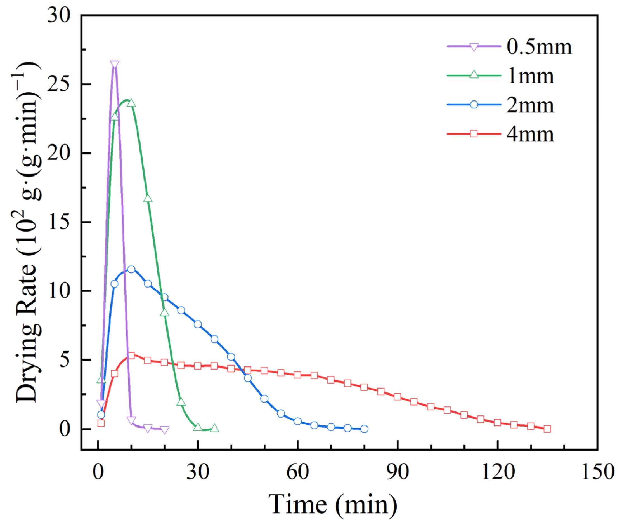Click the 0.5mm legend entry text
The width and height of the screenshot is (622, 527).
(x=539, y=47)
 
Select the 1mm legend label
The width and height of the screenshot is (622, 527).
(x=531, y=76)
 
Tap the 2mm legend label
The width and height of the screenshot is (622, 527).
(x=530, y=105)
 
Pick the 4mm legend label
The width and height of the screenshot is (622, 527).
(x=530, y=134)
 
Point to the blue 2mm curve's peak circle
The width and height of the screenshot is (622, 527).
(x=131, y=269)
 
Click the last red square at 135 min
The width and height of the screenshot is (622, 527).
(x=547, y=429)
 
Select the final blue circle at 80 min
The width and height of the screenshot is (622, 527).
(x=364, y=429)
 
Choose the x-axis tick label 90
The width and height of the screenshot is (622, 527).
(x=397, y=472)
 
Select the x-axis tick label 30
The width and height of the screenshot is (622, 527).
(x=198, y=472)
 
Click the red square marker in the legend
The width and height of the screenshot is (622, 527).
(x=474, y=133)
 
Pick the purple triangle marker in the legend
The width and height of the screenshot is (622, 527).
(x=474, y=47)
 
